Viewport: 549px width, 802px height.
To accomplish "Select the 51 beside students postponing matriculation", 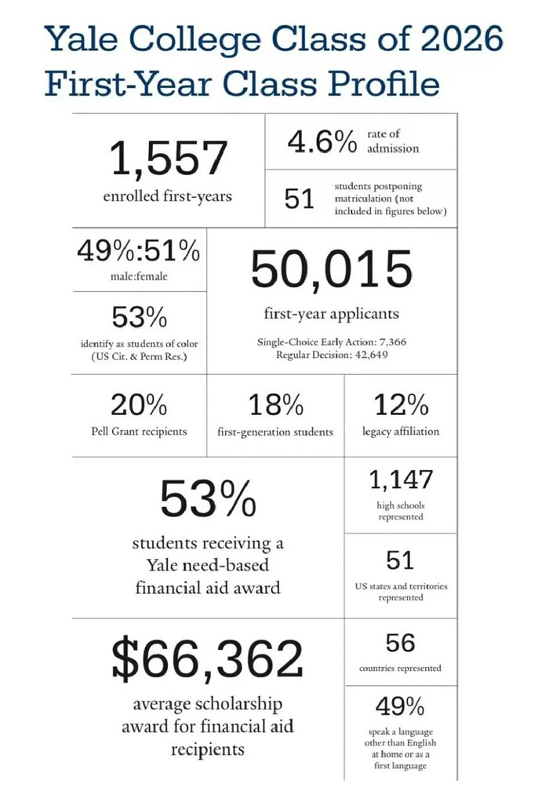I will pos(299,200).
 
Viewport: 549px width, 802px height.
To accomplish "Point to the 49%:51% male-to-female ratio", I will pos(138,252).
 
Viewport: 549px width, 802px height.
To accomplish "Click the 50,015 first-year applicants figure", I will pos(331,269).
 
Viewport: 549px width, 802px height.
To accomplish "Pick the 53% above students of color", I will pos(139,318).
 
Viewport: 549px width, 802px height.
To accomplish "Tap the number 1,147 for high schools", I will pos(400,479).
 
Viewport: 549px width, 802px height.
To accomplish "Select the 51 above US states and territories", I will pos(400,560).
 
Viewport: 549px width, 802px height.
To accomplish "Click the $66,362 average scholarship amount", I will pos(207,659).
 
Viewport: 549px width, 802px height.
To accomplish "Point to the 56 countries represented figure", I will pos(400,643).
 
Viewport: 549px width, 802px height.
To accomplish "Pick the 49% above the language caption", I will pos(400,706).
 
